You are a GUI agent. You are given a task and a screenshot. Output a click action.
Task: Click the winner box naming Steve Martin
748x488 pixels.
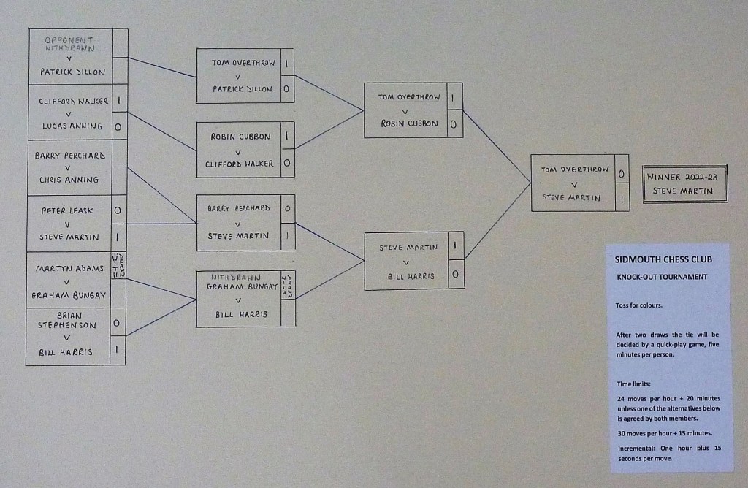pyautogui.click(x=685, y=184)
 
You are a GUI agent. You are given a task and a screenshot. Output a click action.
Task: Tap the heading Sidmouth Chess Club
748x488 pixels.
pyautogui.click(x=663, y=259)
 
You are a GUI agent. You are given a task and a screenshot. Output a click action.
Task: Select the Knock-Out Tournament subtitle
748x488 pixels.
pyautogui.click(x=662, y=277)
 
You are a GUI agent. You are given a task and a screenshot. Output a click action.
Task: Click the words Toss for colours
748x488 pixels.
pyautogui.click(x=638, y=305)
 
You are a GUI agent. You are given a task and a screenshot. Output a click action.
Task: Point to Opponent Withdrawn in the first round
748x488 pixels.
pyautogui.click(x=69, y=44)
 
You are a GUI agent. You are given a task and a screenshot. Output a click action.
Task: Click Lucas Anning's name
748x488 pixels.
pyautogui.click(x=72, y=126)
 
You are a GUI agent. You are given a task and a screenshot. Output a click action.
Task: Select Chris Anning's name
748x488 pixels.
pyautogui.click(x=69, y=180)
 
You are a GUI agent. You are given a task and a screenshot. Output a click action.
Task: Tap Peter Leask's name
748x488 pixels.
pyautogui.click(x=67, y=210)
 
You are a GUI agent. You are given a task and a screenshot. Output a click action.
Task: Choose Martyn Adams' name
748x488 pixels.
pyautogui.click(x=69, y=269)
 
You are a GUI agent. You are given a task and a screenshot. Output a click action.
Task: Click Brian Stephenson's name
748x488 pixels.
pyautogui.click(x=67, y=320)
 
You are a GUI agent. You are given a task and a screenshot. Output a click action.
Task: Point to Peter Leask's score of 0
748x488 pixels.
pyautogui.click(x=118, y=210)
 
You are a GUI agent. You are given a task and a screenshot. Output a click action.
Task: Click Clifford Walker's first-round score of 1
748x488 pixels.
pyautogui.click(x=119, y=101)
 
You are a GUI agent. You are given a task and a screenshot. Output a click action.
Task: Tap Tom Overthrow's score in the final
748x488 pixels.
pyautogui.click(x=621, y=174)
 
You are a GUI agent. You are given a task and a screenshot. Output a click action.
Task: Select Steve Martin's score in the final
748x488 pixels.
pyautogui.click(x=622, y=199)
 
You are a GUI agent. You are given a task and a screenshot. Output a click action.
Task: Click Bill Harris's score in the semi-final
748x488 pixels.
pyautogui.click(x=455, y=274)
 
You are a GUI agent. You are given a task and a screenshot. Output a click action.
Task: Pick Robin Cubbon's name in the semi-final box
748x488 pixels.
pyautogui.click(x=409, y=123)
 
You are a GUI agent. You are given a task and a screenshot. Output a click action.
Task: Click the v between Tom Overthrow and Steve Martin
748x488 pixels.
pyautogui.click(x=574, y=185)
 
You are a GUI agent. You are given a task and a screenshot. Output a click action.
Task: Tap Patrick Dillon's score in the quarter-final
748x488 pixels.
pyautogui.click(x=286, y=88)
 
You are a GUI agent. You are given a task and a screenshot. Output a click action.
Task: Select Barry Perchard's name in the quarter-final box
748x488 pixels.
pyautogui.click(x=239, y=208)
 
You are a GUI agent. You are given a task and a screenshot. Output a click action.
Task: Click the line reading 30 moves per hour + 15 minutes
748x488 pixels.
pyautogui.click(x=665, y=433)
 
